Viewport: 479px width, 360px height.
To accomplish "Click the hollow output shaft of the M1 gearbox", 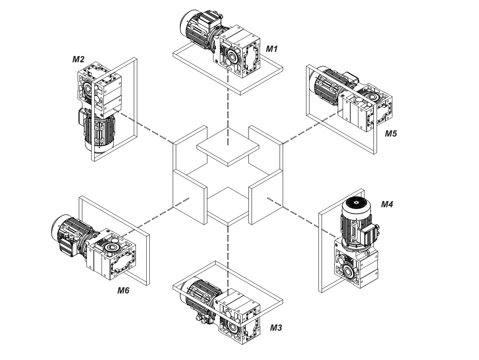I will pos(231,57).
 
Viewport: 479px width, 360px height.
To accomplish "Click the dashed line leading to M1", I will pos(228,112).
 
